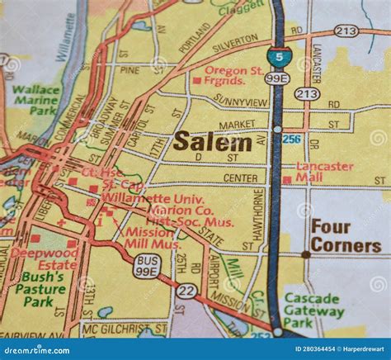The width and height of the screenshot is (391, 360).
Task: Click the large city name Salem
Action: [212, 141]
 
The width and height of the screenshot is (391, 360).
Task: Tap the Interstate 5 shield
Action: [280, 57]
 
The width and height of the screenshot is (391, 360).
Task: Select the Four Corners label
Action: [345, 235]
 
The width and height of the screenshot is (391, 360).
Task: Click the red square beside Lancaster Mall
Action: [286, 179]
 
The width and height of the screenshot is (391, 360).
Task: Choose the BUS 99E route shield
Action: [146, 265]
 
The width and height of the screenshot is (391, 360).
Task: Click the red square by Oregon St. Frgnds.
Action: [196, 80]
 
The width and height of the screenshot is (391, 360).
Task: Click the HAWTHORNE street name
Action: [257, 216]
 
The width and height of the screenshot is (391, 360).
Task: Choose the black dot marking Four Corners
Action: [305, 255]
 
